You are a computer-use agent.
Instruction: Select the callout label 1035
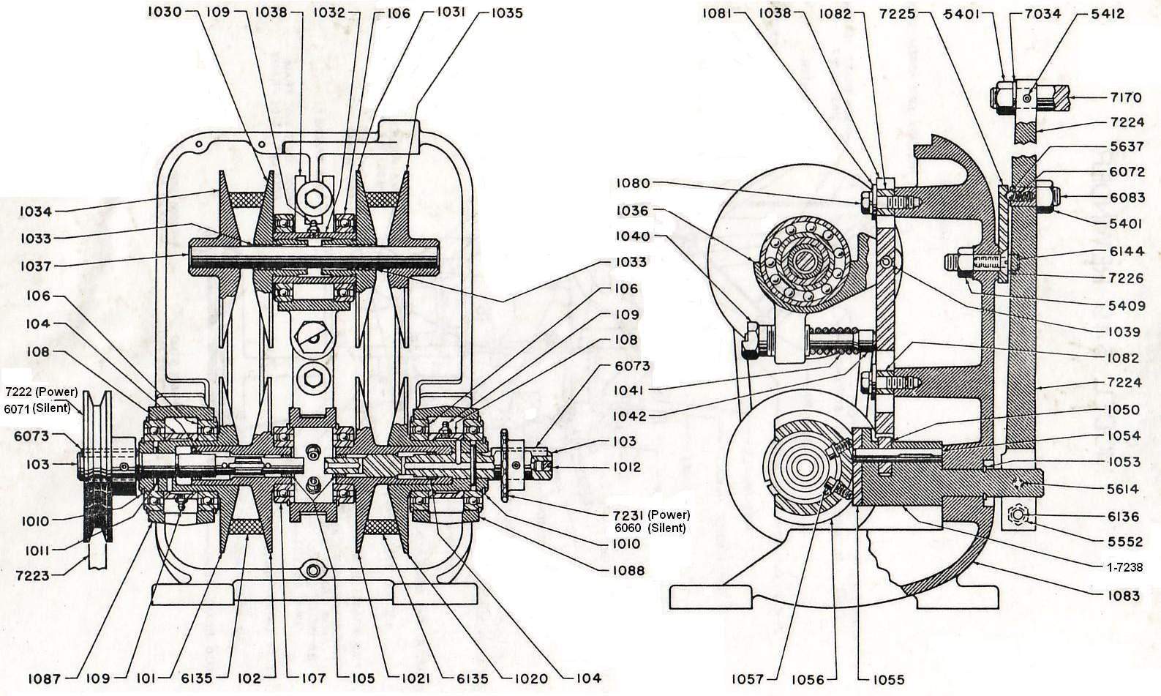[x=507, y=13]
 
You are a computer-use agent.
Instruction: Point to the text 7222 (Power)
[x=41, y=392]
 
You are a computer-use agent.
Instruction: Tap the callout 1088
[x=630, y=571]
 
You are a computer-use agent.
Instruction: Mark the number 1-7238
[x=1124, y=567]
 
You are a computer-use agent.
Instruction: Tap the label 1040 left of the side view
[x=632, y=236]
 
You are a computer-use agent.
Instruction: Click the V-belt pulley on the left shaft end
[x=97, y=466]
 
